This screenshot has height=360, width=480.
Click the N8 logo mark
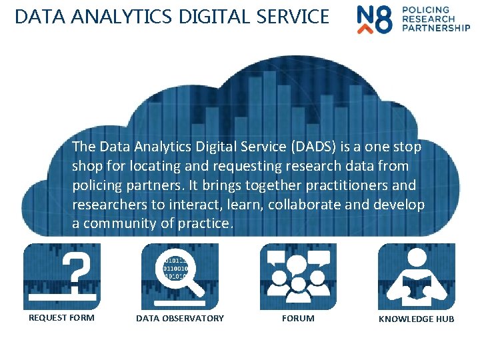tap(375, 18)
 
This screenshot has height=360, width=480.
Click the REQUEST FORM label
tap(61, 318)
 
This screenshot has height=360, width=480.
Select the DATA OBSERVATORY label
tap(180, 319)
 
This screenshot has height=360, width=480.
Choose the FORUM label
tap(298, 319)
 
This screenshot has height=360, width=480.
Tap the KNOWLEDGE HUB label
tap(416, 319)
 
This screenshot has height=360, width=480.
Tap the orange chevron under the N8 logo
tap(365, 29)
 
